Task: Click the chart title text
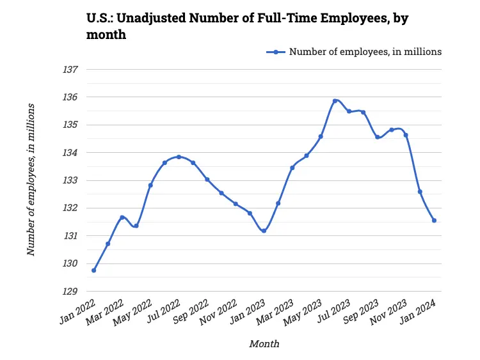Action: (x=247, y=26)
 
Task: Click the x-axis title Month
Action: (x=264, y=344)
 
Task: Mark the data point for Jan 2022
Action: (x=94, y=270)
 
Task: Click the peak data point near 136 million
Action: (x=335, y=100)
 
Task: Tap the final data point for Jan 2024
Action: (x=434, y=221)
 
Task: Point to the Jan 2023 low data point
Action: (x=264, y=231)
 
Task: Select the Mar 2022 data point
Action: (x=122, y=217)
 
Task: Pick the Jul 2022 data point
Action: (x=179, y=157)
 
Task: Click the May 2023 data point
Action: (x=321, y=136)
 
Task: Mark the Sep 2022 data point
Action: (x=207, y=180)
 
